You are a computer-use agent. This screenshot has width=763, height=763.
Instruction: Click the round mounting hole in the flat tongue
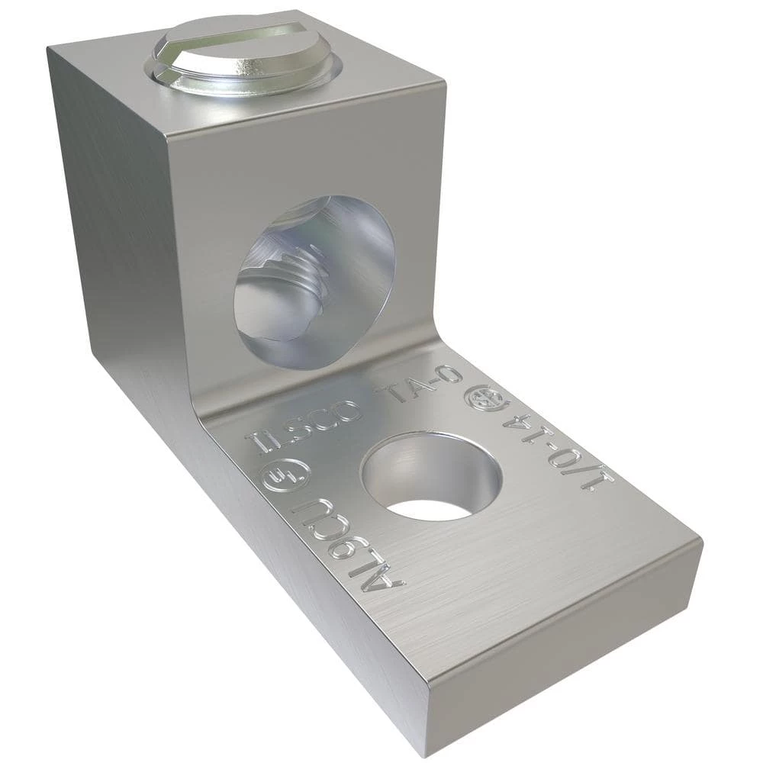point(431,477)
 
